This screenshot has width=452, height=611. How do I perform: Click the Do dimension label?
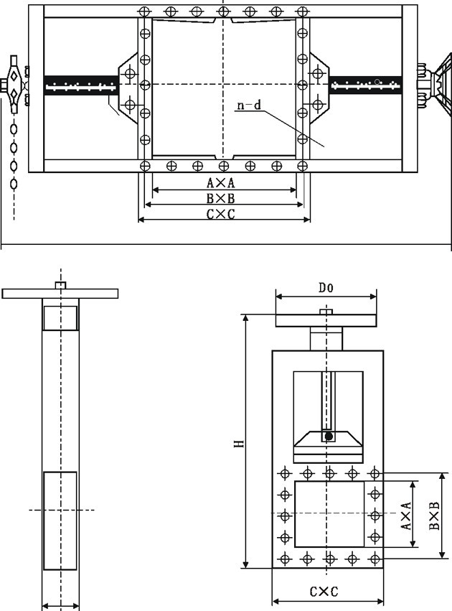326,287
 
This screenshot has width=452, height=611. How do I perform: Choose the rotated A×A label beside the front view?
405,516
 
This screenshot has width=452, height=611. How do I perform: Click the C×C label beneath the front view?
324,592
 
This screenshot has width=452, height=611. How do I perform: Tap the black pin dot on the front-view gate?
329,436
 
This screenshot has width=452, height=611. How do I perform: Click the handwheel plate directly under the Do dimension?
326,320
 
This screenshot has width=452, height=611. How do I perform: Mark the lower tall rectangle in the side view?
60,520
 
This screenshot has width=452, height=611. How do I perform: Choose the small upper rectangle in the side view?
60,317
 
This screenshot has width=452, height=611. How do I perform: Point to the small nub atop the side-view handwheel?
61,286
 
